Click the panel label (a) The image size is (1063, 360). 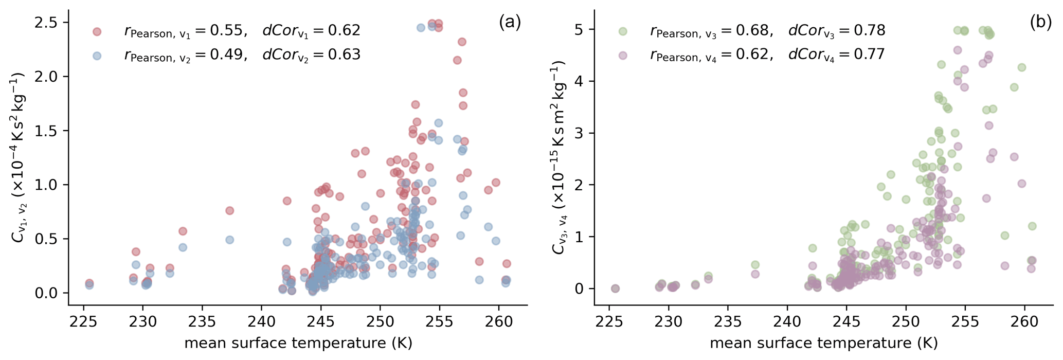point(510,23)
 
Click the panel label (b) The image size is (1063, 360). point(1041,23)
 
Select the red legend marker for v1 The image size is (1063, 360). point(97,31)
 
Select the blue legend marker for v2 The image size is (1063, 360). point(97,56)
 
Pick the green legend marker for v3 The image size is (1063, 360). point(623,31)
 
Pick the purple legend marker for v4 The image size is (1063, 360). point(623,56)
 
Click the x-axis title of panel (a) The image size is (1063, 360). point(298,344)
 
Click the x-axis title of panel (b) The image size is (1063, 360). point(824,344)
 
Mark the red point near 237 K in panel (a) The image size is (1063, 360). point(230,211)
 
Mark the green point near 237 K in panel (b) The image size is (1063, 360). point(755,265)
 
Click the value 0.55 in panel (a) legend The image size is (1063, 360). point(226,31)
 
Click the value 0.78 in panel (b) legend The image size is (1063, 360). point(869,31)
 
